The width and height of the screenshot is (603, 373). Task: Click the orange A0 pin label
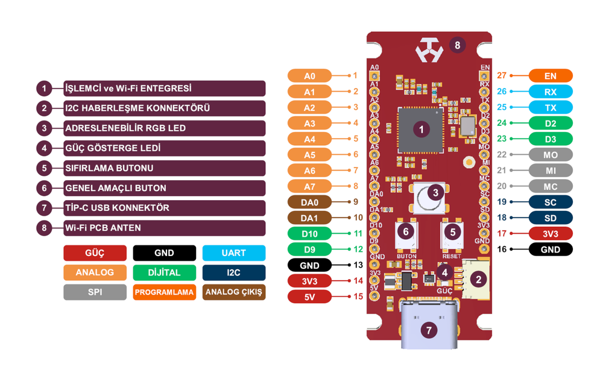pyautogui.click(x=309, y=76)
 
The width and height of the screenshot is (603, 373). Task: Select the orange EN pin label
pyautogui.click(x=550, y=76)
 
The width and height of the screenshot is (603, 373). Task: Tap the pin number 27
pyautogui.click(x=502, y=76)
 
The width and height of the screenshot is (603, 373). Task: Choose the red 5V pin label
pyautogui.click(x=309, y=296)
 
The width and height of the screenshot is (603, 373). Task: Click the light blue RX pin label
pyautogui.click(x=550, y=92)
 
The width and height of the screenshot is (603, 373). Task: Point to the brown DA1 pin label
pyautogui.click(x=309, y=218)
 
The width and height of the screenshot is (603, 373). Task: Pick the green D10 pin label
pyautogui.click(x=309, y=233)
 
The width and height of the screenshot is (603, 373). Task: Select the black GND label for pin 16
pyautogui.click(x=550, y=249)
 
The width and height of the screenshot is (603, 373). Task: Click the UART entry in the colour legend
pyautogui.click(x=233, y=252)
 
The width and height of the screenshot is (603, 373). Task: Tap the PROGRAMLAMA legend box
pyautogui.click(x=164, y=292)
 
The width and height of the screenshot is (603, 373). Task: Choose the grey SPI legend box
pyautogui.click(x=95, y=292)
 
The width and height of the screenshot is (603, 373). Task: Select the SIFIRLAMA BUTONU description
pyautogui.click(x=109, y=168)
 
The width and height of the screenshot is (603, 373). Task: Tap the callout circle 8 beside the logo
pyautogui.click(x=458, y=45)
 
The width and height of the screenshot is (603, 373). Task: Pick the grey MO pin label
pyautogui.click(x=550, y=155)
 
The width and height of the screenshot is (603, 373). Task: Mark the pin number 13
pyautogui.click(x=358, y=265)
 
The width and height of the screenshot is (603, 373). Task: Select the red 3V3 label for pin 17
pyautogui.click(x=550, y=234)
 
